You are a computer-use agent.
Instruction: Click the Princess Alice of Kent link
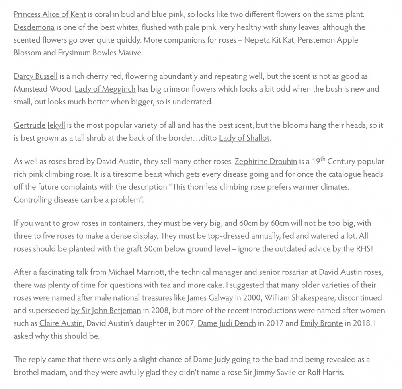pos(50,14)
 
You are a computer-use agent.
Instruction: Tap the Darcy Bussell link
pos(35,76)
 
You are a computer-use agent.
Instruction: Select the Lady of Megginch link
pos(105,89)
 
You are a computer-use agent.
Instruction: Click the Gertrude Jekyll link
pos(39,125)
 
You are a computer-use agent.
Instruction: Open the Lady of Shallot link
pos(244,138)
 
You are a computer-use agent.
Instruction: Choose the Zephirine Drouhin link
pos(266,162)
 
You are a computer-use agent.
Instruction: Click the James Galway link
pos(210,298)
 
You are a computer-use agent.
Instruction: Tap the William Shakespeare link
pos(299,298)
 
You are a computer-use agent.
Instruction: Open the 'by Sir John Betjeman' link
pos(106,311)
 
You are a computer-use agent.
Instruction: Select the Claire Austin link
pos(61,323)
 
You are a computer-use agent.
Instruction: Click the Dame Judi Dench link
pos(227,323)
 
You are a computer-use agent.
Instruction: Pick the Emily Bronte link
pos(321,323)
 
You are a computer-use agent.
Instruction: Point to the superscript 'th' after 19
pos(323,159)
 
